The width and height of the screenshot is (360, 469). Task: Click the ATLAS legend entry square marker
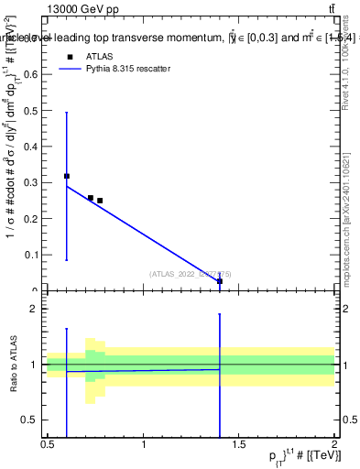[x=70, y=57]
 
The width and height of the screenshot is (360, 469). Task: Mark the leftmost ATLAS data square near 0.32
[x=67, y=175]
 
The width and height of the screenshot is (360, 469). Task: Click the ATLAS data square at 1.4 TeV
[x=220, y=282]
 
